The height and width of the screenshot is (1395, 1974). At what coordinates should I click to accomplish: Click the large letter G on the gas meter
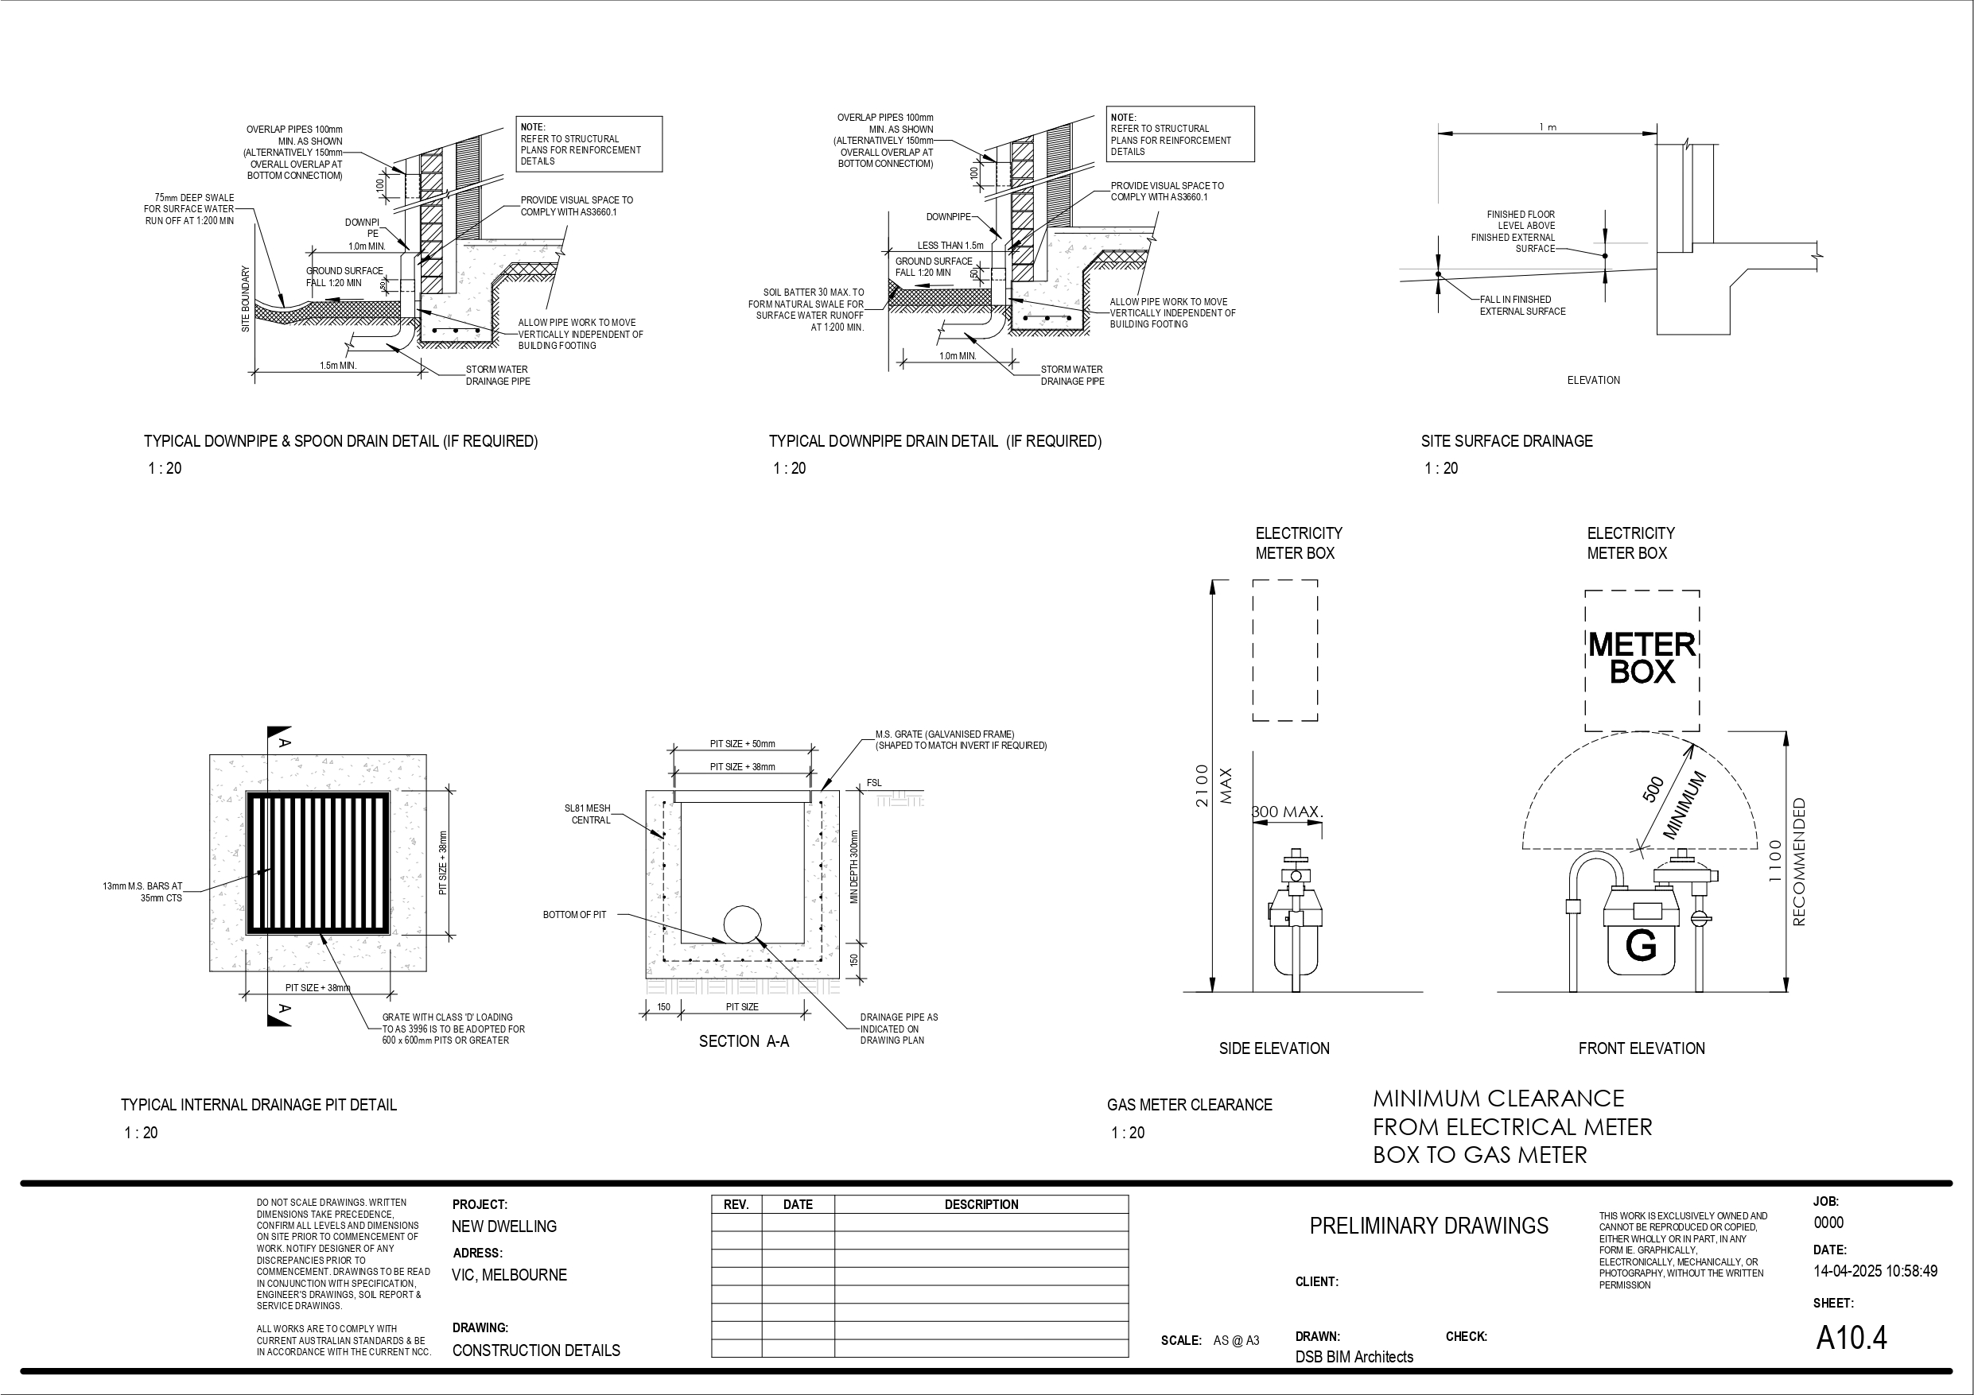[x=1641, y=947]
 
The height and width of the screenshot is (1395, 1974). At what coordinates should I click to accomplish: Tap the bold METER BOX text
[x=1642, y=657]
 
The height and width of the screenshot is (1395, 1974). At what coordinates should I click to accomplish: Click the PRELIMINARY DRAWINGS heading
[x=1428, y=1226]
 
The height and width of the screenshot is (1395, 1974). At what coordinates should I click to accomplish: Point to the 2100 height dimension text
[x=1202, y=785]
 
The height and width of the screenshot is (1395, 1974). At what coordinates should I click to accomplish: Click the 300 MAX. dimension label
[x=1287, y=812]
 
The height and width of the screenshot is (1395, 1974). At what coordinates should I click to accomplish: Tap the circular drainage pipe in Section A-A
[x=742, y=924]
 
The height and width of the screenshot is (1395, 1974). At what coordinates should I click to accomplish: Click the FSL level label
[x=873, y=782]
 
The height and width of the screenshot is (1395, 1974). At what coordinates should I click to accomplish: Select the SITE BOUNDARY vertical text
[x=245, y=299]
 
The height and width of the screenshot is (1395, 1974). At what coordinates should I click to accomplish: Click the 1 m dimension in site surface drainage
[x=1548, y=127]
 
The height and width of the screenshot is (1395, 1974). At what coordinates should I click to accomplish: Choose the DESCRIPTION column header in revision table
[x=981, y=1204]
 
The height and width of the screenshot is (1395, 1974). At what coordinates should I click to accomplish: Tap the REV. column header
[x=736, y=1204]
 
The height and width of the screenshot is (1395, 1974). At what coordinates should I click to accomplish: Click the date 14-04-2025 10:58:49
[x=1875, y=1270]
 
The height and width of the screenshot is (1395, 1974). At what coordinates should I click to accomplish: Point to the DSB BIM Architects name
[x=1354, y=1356]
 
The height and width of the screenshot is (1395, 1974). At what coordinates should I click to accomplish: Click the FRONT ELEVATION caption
[x=1642, y=1048]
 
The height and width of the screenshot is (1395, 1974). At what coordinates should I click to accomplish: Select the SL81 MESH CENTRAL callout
[x=587, y=814]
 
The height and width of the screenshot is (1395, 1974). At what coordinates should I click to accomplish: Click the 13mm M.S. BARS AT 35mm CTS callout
[x=142, y=891]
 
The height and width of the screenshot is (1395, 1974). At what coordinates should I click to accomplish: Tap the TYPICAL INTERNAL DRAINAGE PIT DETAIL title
[x=258, y=1105]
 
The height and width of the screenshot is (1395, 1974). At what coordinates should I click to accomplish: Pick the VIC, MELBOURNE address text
[x=509, y=1275]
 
